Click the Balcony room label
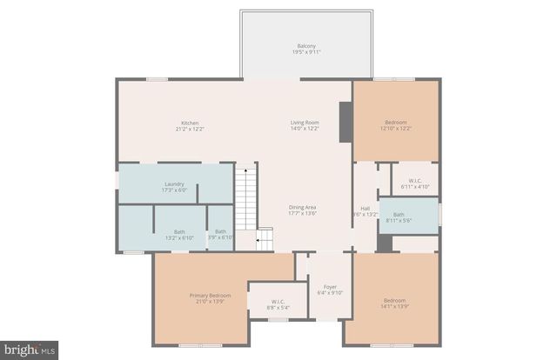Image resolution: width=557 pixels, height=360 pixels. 306,46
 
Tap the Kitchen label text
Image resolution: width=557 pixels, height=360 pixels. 191,123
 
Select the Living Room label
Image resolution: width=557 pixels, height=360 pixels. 305,123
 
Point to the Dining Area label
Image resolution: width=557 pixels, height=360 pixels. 303,207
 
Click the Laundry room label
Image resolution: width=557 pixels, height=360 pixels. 174,183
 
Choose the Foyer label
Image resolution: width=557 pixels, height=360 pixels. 331,287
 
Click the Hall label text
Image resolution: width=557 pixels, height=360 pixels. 366,208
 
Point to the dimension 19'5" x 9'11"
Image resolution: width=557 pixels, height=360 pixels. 306,52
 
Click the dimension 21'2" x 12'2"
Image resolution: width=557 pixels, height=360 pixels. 191,129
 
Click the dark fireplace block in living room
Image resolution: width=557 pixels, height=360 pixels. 346,120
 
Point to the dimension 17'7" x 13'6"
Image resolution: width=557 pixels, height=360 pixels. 303,213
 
